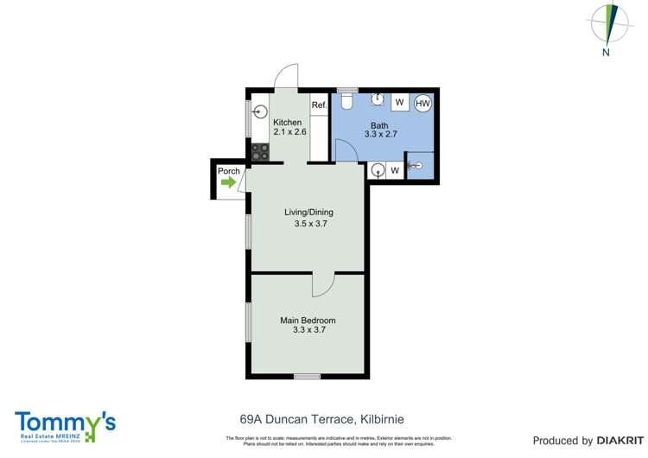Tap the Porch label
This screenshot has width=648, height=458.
pos(229,171)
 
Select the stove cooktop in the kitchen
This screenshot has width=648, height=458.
pos(260,153)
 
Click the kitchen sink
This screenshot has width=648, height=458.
pos(258,111)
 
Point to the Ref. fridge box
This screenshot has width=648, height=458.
pos(319,105)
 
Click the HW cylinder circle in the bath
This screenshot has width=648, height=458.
pos(423,104)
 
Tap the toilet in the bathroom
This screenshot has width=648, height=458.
pos(346,101)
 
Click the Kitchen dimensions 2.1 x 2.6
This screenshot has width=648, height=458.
pos(289,132)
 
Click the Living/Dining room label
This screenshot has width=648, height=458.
pos(309,213)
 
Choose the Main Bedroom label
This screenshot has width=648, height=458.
pos(308,321)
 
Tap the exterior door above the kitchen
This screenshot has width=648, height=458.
pos(286,78)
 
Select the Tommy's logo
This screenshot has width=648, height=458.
pos(65,426)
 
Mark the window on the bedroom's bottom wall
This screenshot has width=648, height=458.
pos(307,376)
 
